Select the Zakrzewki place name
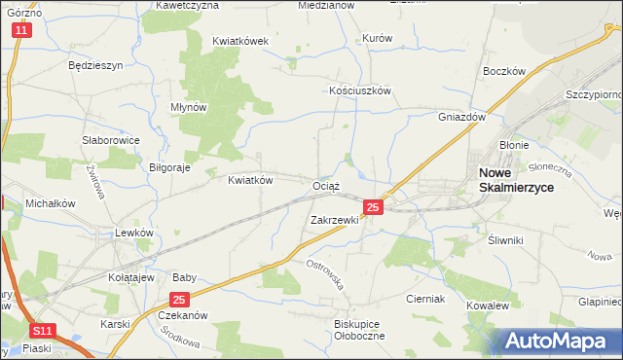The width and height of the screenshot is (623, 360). (335, 220)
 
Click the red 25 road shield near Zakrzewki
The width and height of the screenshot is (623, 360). (373, 207)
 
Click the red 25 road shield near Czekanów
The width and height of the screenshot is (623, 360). (178, 301)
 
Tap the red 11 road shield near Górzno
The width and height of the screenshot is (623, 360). (22, 31)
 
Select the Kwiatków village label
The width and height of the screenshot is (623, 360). (250, 180)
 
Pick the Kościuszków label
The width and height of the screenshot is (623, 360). (359, 90)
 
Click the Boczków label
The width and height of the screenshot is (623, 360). (504, 72)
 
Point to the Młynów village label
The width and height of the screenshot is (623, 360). (188, 108)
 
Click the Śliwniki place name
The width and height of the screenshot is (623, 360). (505, 239)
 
